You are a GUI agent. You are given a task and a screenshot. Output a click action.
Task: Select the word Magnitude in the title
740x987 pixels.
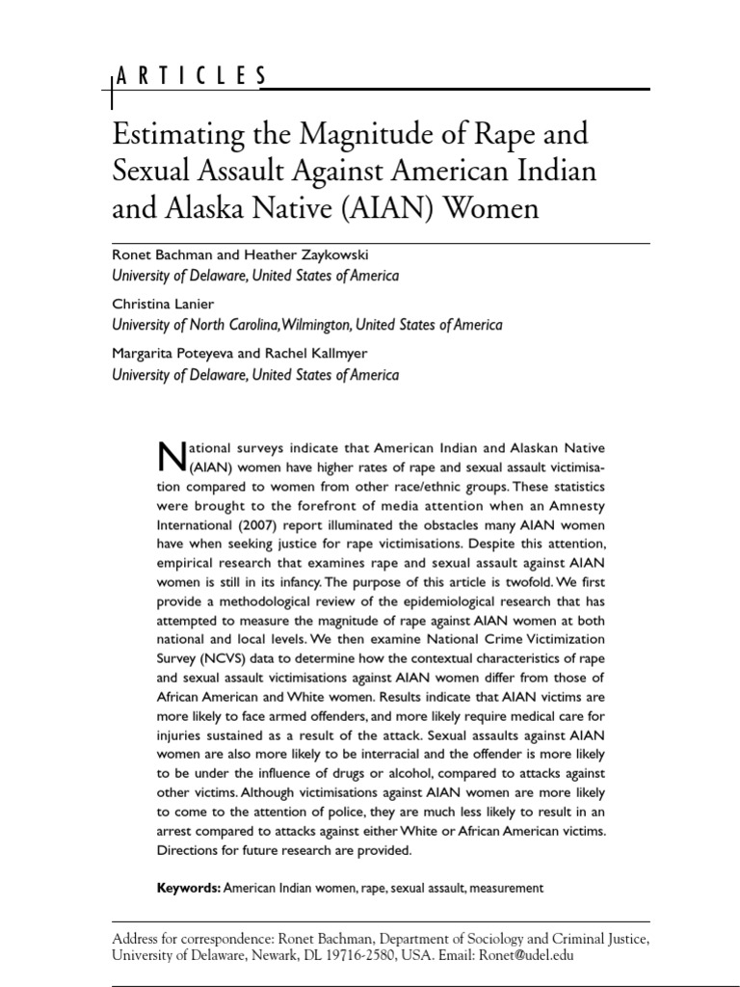[369, 133]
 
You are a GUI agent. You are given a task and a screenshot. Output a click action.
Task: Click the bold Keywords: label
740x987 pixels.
[189, 887]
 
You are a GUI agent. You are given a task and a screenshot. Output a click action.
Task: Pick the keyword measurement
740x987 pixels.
[502, 887]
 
